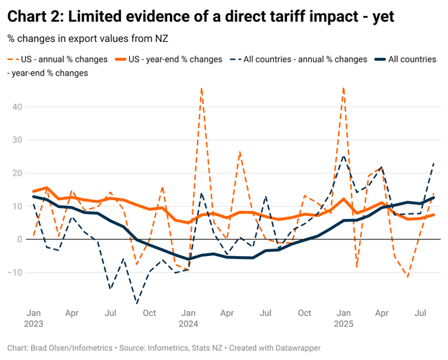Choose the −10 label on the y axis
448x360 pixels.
14,273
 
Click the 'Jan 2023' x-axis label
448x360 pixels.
33,317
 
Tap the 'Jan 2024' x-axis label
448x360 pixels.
188,317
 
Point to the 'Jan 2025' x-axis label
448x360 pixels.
343,317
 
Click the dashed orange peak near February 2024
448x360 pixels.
201,89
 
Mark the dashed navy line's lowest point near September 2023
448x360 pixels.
136,303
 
